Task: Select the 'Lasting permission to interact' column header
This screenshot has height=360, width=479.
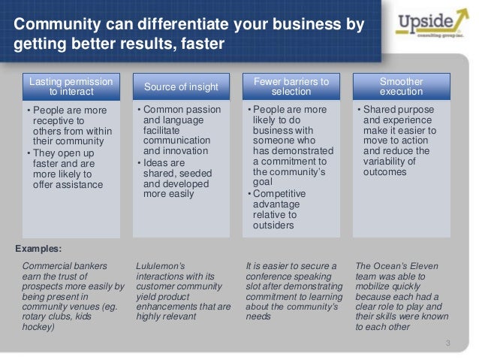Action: click(x=71, y=86)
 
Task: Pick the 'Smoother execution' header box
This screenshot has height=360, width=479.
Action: click(x=401, y=86)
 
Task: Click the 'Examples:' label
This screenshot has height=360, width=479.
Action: click(x=39, y=248)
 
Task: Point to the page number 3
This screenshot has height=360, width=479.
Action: click(x=447, y=344)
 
